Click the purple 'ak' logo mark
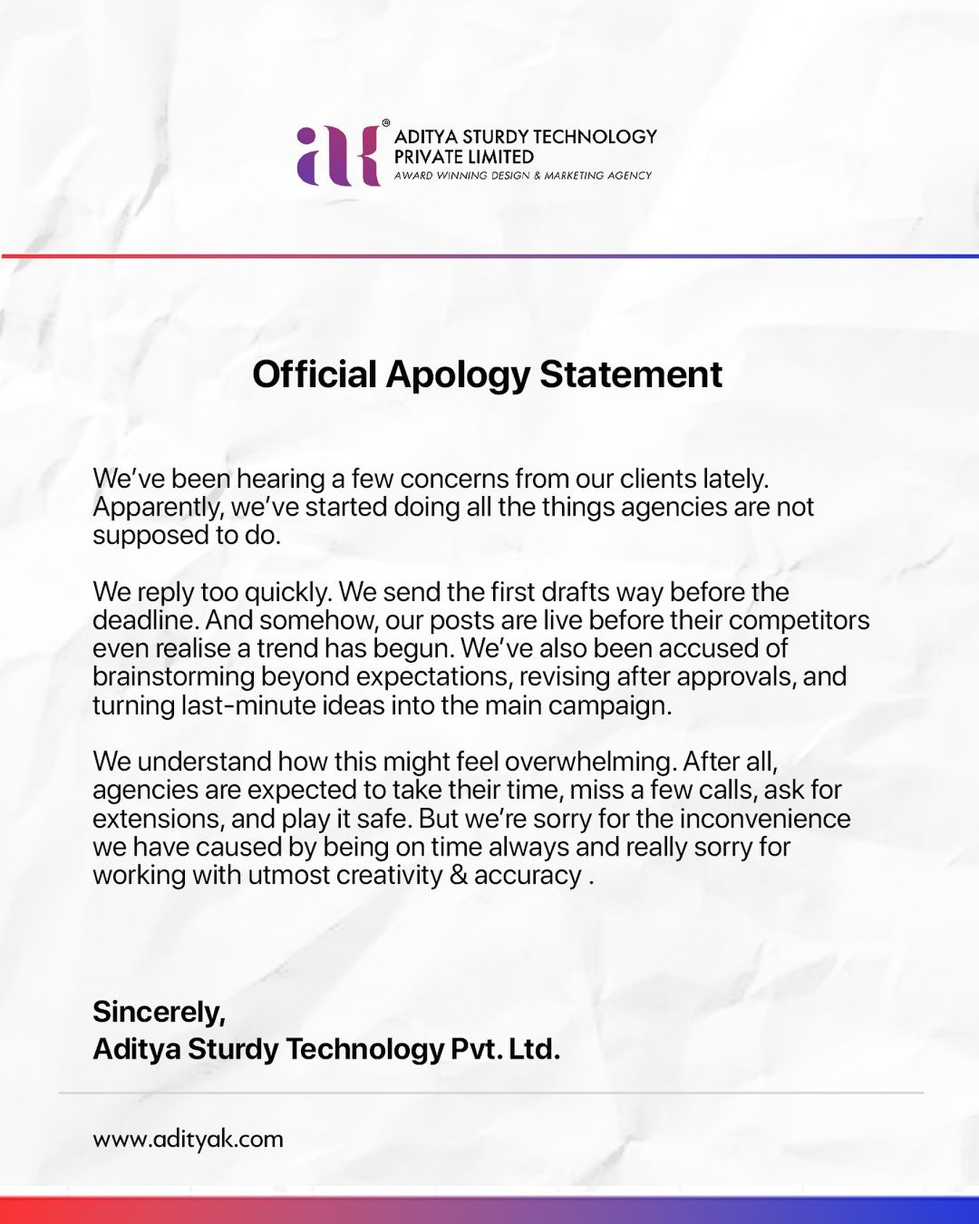[x=339, y=156]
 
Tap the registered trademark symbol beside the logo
[x=386, y=123]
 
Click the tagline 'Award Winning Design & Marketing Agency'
[x=522, y=175]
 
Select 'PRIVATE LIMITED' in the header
[x=463, y=157]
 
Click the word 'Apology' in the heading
[x=458, y=375]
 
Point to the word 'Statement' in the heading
[x=631, y=375]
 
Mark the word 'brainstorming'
[x=173, y=677]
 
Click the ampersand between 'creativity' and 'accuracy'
[x=458, y=875]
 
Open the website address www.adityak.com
[x=188, y=1138]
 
